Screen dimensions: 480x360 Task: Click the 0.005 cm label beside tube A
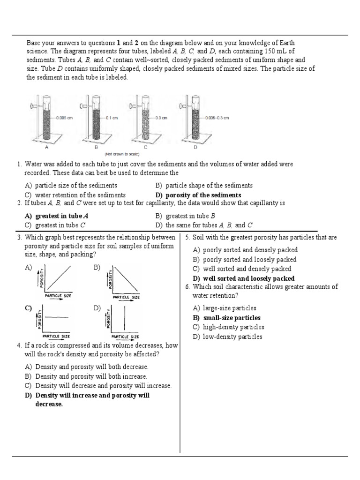(65, 118)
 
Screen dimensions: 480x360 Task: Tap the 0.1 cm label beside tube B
(112, 118)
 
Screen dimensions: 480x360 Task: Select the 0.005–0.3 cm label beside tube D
(217, 118)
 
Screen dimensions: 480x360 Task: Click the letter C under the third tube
(145, 147)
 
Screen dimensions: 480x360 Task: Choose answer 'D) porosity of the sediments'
(198, 195)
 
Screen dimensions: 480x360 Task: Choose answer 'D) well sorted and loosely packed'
(244, 278)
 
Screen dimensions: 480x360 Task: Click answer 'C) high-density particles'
(228, 327)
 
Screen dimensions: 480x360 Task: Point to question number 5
(187, 238)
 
